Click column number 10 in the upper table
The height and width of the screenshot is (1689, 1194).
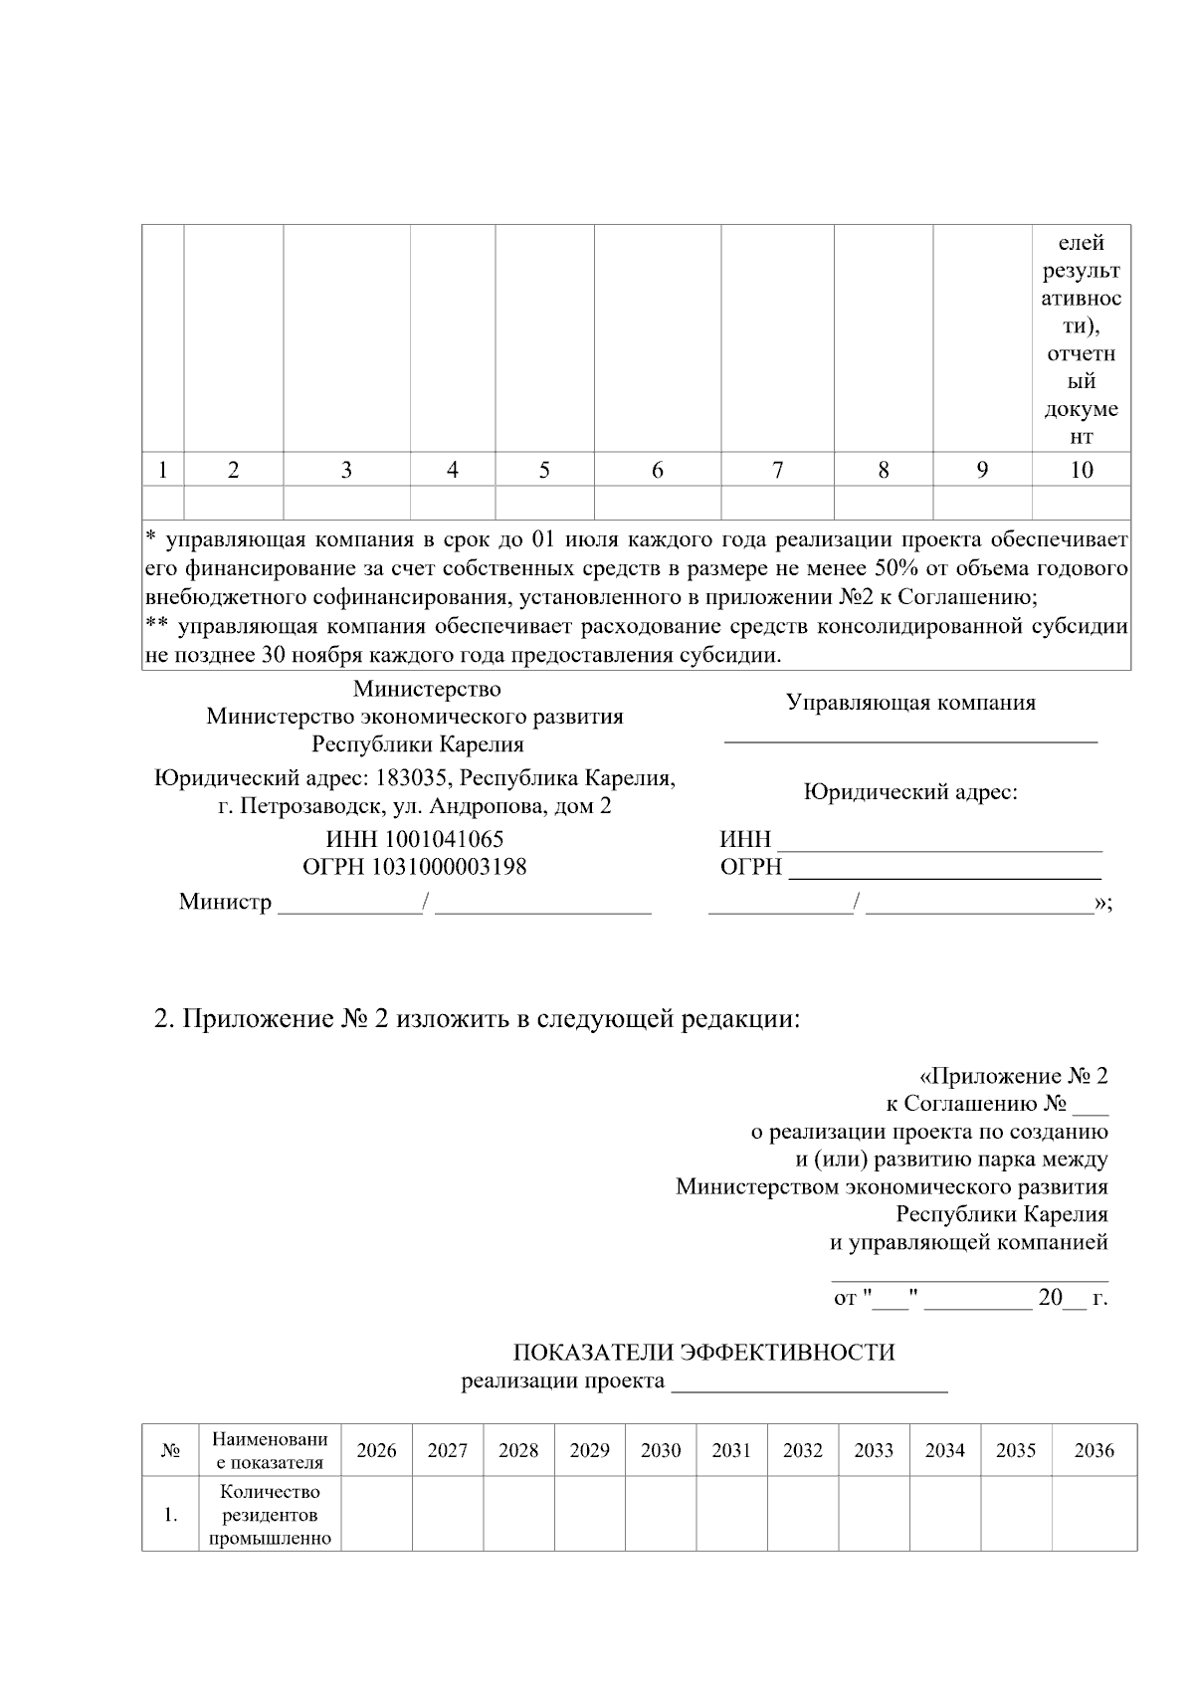coord(1081,471)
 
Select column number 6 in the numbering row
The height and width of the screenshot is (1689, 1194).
coord(657,471)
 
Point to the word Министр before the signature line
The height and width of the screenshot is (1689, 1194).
coord(225,902)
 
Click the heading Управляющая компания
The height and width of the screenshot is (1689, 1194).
coord(910,703)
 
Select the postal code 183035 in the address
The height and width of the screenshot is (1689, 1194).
coord(410,778)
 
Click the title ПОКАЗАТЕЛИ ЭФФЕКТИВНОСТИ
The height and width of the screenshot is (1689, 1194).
coord(703,1353)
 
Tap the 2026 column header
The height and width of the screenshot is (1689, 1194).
coord(376,1450)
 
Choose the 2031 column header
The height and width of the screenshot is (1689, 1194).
coord(731,1450)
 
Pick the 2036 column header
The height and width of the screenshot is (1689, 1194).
coord(1094,1450)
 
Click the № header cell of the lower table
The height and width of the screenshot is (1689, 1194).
coord(170,1451)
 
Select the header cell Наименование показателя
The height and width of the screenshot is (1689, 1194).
coord(270,1450)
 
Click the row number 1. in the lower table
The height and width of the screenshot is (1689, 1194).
coord(171,1515)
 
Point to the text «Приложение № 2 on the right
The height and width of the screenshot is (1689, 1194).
coord(1013,1076)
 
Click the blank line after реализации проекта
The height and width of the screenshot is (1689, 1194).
coord(809,1382)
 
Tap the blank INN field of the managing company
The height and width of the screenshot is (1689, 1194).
coord(938,841)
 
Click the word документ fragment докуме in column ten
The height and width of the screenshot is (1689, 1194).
coord(1081,409)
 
